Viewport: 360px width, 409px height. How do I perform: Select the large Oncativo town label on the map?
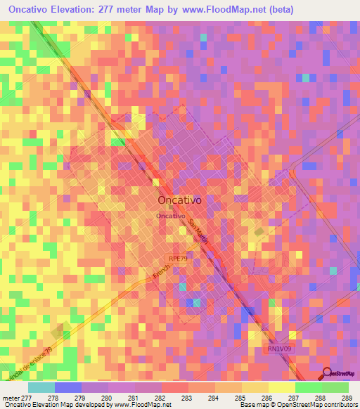pos(180,200)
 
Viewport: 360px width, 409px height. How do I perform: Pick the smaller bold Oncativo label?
pos(171,216)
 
